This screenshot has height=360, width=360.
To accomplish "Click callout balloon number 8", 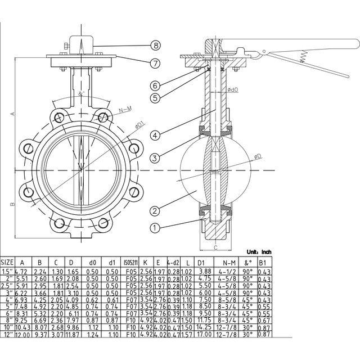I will tap(156, 44).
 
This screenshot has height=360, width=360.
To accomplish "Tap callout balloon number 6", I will tap(156, 85).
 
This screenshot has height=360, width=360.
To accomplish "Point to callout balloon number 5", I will tap(156, 98).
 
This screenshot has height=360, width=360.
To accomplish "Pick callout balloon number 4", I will tap(156, 134).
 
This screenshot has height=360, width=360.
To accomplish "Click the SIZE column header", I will tap(7, 262).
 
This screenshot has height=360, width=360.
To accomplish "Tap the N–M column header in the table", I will tap(228, 262).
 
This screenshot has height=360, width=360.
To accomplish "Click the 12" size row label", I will tap(7, 335).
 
